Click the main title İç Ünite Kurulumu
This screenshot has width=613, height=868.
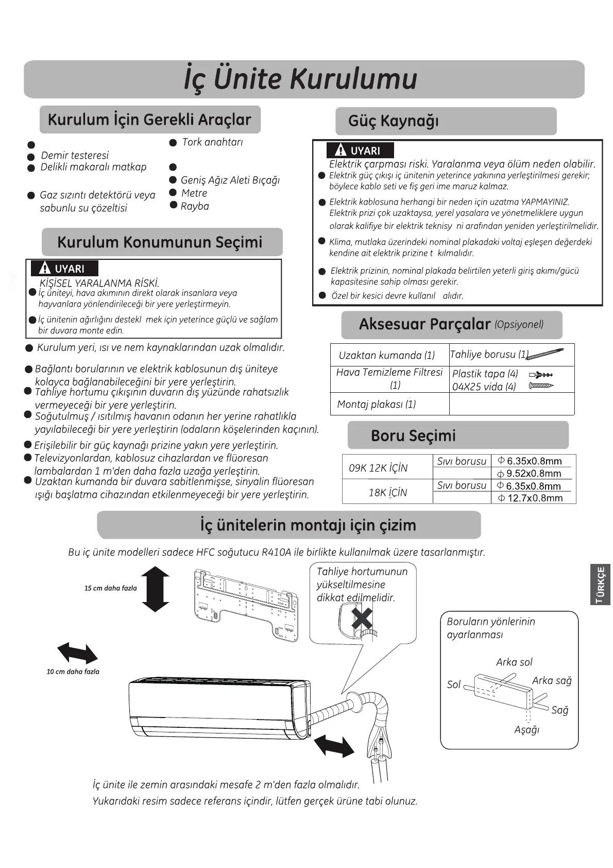pos(300,79)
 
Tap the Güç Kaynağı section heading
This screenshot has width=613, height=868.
pos(394,121)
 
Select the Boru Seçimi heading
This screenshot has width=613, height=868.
pos(413,436)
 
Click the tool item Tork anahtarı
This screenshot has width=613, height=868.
pos(212,142)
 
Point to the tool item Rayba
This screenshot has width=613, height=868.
pos(195,206)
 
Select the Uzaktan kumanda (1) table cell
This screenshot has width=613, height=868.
pos(387,355)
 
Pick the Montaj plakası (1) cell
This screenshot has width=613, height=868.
pos(377,404)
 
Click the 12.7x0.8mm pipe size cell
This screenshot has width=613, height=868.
pos(535,498)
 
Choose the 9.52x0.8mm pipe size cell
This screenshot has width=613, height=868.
pos(534,473)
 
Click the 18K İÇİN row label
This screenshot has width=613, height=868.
pos(387,492)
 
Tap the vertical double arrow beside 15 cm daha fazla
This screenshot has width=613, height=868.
pos(155,589)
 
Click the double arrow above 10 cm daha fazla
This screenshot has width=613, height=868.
pos(77,653)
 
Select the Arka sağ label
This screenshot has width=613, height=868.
pos(552,680)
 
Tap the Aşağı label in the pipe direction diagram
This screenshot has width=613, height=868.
pos(526,729)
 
